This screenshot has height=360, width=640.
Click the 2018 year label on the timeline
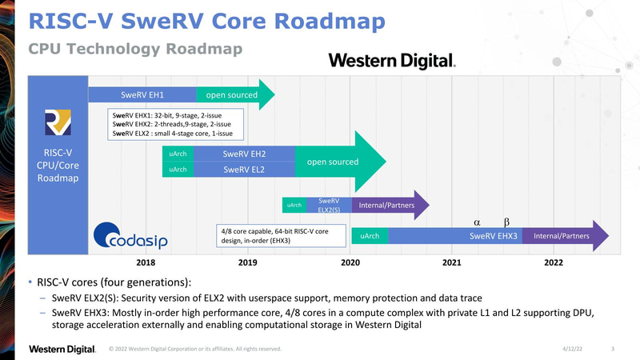tap(146, 262)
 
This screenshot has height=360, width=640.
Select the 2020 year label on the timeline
tap(350, 262)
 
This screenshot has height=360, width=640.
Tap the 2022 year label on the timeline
tap(554, 262)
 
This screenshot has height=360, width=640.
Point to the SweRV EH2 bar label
tap(244, 154)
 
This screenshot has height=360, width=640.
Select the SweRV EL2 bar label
tap(244, 170)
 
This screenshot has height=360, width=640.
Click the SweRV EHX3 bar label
tap(494, 236)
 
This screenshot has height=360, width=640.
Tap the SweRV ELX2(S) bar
tap(329, 205)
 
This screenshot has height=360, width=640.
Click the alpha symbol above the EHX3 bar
tap(477, 219)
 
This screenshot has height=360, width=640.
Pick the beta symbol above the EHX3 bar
tap(506, 219)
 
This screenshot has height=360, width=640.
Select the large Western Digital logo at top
tap(392, 60)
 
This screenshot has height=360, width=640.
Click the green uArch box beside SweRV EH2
tap(178, 154)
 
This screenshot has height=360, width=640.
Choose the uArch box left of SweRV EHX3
tap(370, 236)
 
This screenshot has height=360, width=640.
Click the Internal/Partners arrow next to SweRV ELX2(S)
tap(387, 205)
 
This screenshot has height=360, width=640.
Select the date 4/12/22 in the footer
tap(574, 349)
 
